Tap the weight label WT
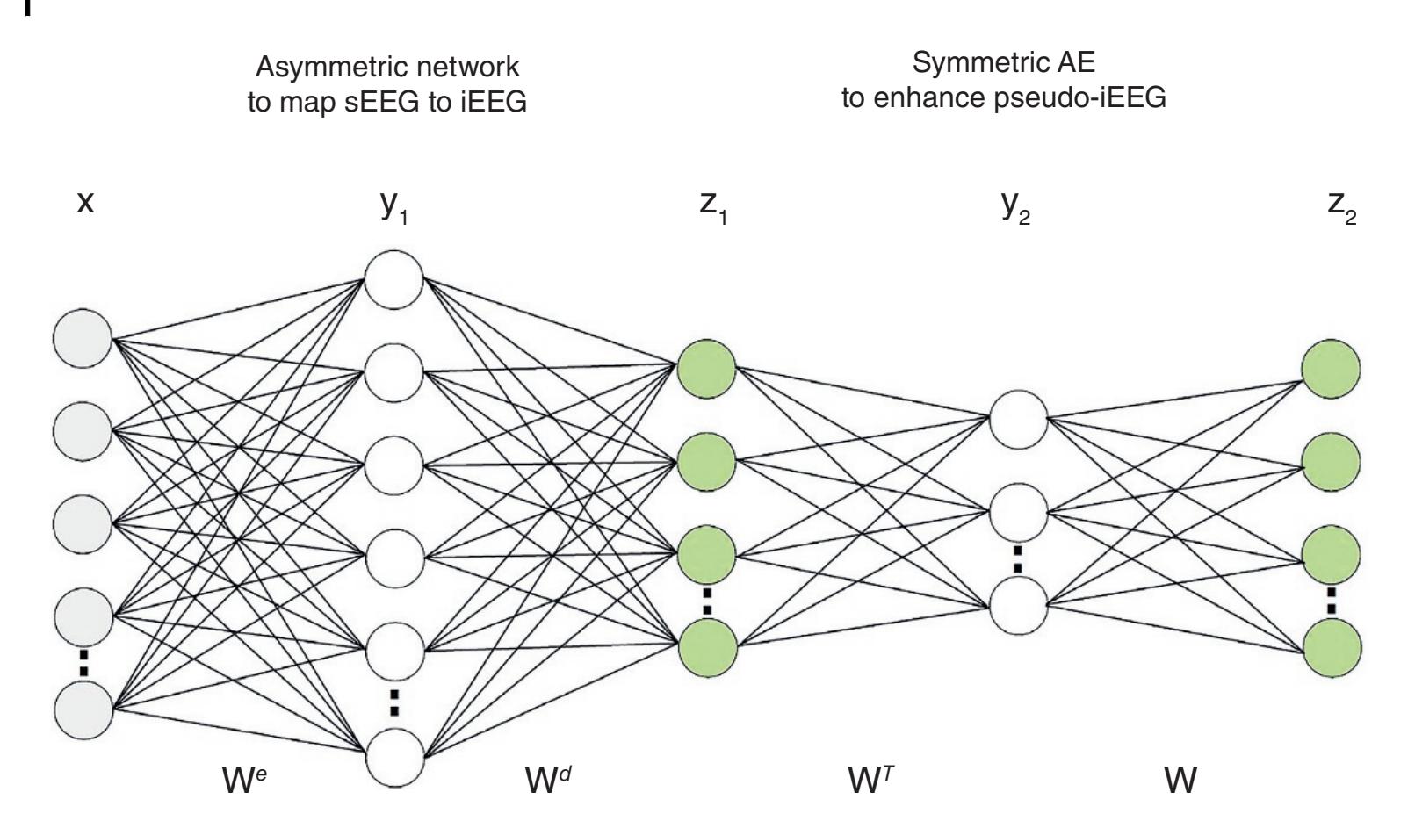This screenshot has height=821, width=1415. click(x=869, y=779)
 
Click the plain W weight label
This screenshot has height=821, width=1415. click(x=1180, y=779)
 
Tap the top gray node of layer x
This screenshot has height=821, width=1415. click(x=83, y=337)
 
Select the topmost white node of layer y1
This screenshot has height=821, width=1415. click(x=394, y=279)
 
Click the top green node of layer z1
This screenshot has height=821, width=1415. click(x=707, y=366)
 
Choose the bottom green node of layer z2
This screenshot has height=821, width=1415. click(x=1332, y=649)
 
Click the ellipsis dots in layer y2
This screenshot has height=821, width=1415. click(x=1018, y=557)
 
